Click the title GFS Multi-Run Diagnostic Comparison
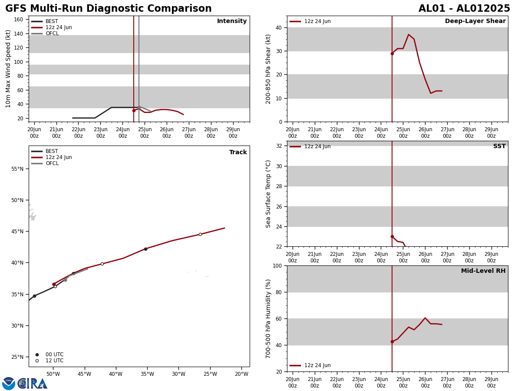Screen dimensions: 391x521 coord(109,9)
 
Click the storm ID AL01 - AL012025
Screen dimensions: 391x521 coord(464,9)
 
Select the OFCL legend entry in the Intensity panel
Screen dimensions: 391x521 coord(52,33)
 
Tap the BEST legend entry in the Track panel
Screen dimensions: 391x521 coord(52,151)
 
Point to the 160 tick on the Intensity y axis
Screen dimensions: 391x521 coord(19,20)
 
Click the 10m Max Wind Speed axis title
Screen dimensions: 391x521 coord(8,69)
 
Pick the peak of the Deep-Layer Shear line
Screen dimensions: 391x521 coord(409,34)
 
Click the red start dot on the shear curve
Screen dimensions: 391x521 coord(392,53)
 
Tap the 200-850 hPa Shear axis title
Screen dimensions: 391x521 coord(268,69)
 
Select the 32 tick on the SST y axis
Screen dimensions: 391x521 coord(278,146)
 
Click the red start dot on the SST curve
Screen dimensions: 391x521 coord(392,236)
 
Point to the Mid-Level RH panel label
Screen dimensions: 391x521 coord(483,271)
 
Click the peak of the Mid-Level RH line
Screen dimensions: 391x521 coord(425,318)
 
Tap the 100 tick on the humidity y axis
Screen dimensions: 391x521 coord(276,265)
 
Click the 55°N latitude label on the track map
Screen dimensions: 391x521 coord(17,169)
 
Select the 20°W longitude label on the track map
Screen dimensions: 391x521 coord(242,374)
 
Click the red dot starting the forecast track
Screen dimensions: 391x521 coord(54,284)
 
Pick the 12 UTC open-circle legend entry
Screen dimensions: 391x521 coord(54,361)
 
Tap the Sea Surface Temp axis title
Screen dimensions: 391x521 coord(268,194)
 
